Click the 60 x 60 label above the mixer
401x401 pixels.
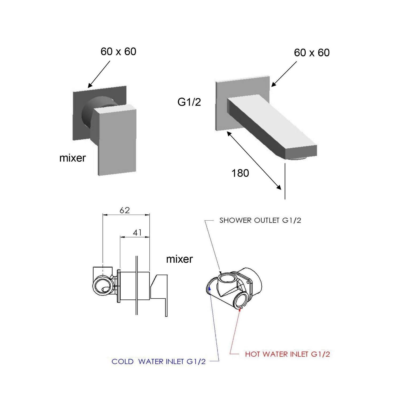click(x=118, y=51)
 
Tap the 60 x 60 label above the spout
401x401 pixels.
click(x=312, y=53)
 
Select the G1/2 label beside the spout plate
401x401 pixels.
click(x=189, y=102)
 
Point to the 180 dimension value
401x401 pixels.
click(x=240, y=173)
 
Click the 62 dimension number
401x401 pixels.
click(x=125, y=210)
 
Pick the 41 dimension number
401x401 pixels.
click(x=137, y=233)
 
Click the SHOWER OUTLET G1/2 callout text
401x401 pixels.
click(x=260, y=221)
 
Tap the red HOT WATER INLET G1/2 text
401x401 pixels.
click(x=287, y=354)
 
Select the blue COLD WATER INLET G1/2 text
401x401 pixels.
click(x=159, y=362)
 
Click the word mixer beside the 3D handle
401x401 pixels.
click(x=72, y=158)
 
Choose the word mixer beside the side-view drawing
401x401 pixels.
click(x=179, y=259)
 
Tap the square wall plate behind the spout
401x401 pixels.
click(x=242, y=88)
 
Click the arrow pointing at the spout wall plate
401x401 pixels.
click(x=284, y=74)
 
